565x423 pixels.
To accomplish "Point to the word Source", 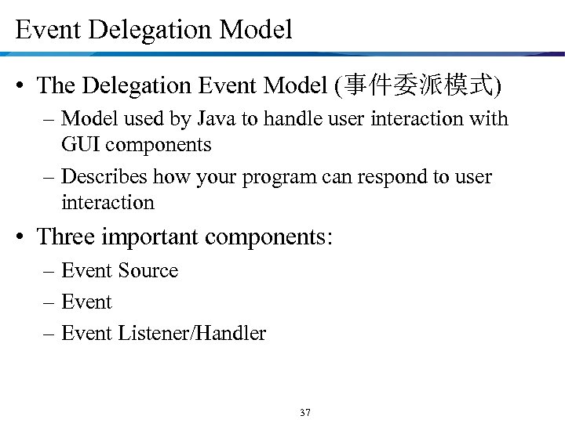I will (148, 271).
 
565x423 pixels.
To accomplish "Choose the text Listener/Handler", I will (192, 334).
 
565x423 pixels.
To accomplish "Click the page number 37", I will (305, 413).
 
